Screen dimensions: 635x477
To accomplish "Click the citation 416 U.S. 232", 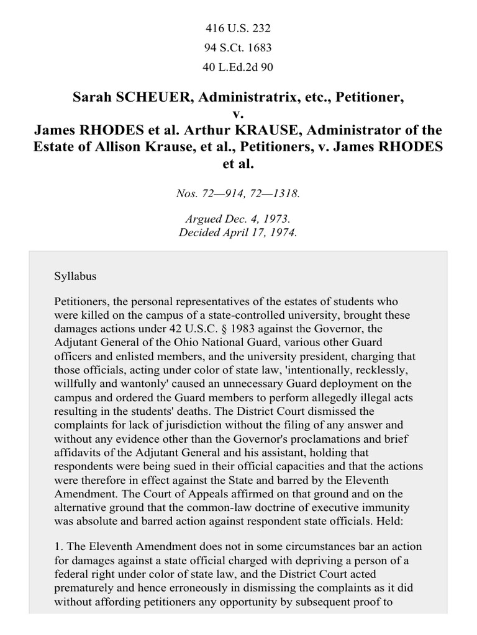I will [238, 29].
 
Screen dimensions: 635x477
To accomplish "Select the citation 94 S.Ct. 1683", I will [238, 48].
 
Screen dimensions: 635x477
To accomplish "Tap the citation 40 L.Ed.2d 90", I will [238, 67].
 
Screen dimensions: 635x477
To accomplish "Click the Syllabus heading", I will [75, 276].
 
